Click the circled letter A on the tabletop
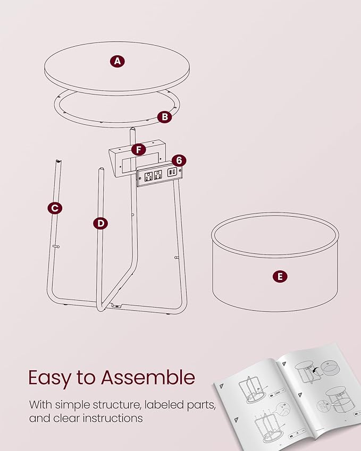pos(117,61)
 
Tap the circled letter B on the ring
pos(165,116)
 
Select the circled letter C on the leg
pos(54,208)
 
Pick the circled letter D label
pos(101,223)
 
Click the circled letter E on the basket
pos(280,276)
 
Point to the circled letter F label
pos(139,150)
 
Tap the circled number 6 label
pos(179,160)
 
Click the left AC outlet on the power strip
pos(148,176)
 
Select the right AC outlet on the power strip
pos(158,175)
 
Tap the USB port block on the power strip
pos(172,172)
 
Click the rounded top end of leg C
pos(57,160)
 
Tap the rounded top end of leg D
pos(100,171)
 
